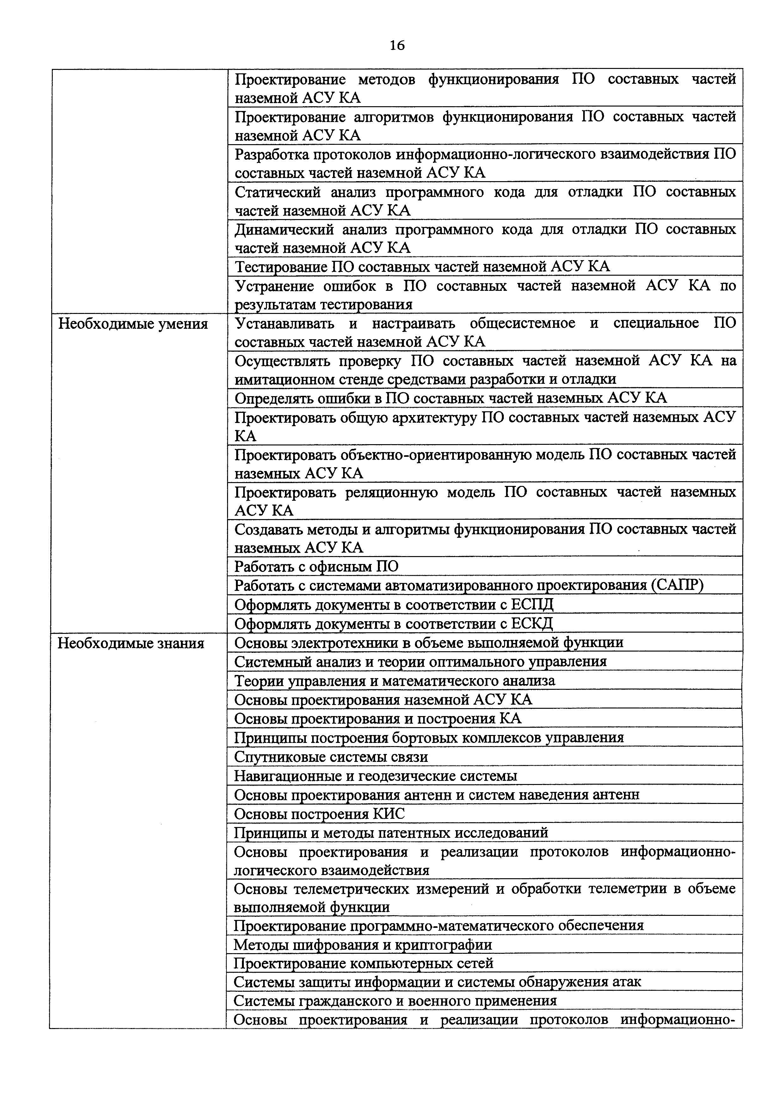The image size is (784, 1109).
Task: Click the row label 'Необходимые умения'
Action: click(133, 324)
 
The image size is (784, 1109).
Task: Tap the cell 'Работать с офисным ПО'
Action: click(316, 566)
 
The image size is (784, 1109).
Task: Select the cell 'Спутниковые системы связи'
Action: click(331, 757)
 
